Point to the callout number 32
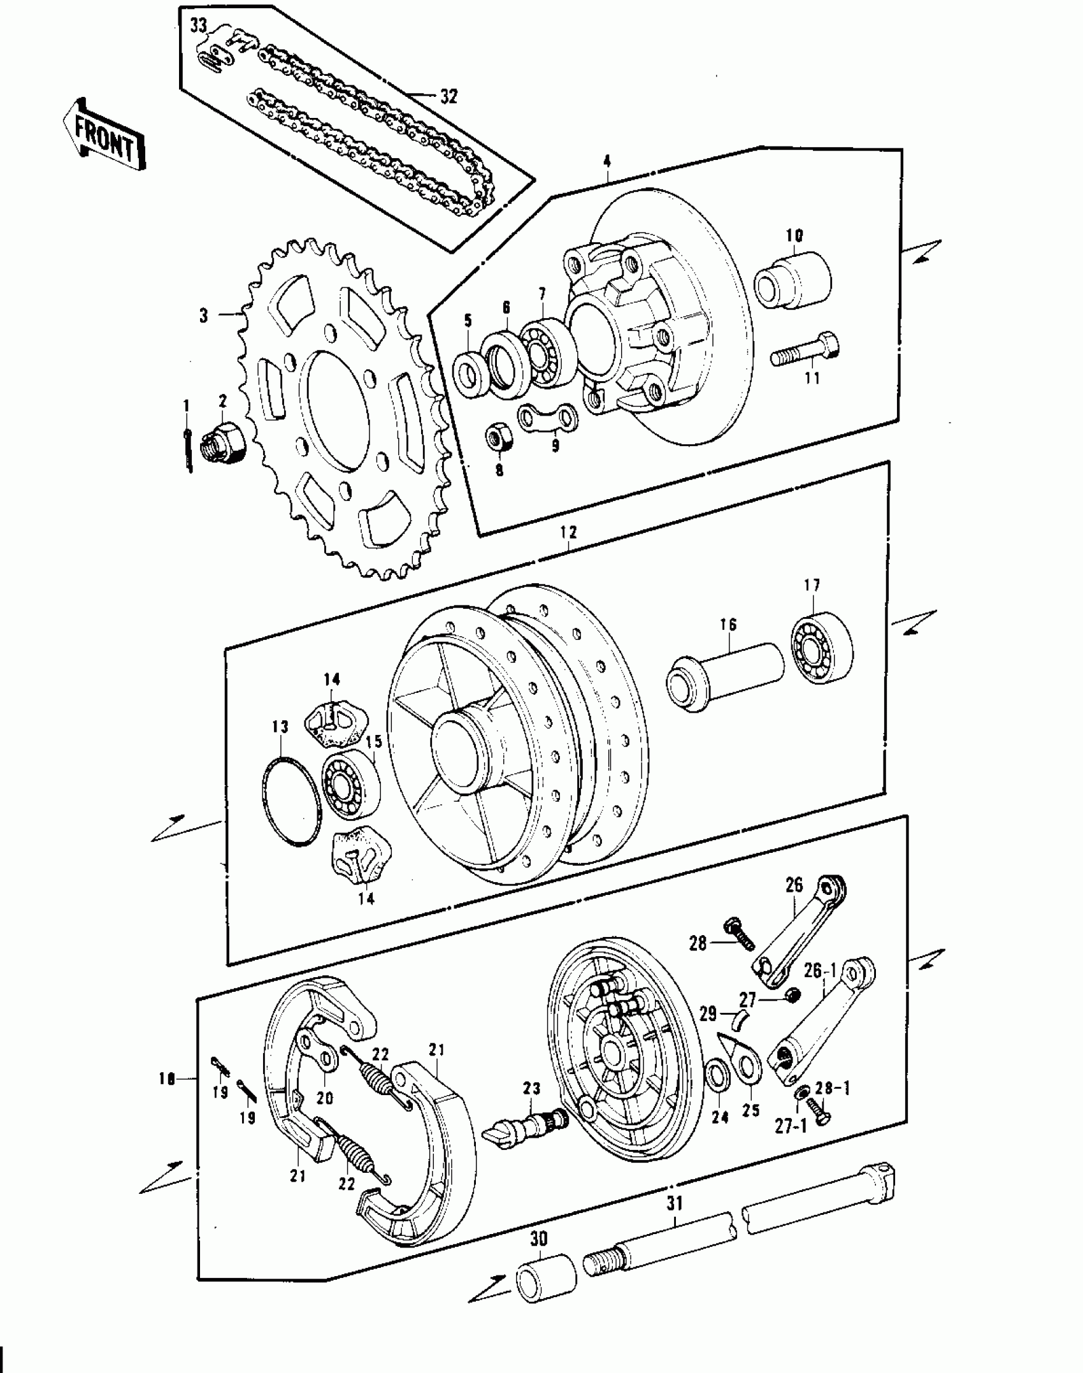[x=448, y=97]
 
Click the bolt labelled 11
[x=805, y=349]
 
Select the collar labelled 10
[x=794, y=281]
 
